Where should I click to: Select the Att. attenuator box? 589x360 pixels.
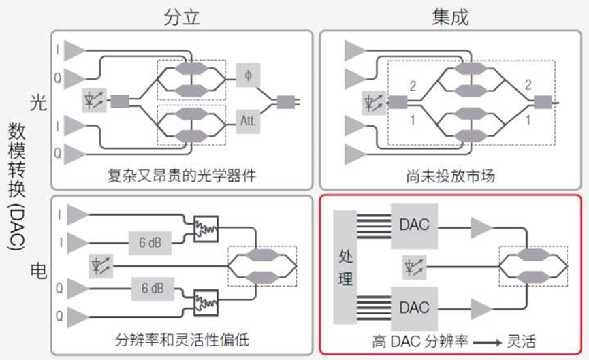pyautogui.click(x=248, y=120)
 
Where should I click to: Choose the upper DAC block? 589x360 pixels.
pyautogui.click(x=414, y=223)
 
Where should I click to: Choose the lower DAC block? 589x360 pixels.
pyautogui.click(x=414, y=308)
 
